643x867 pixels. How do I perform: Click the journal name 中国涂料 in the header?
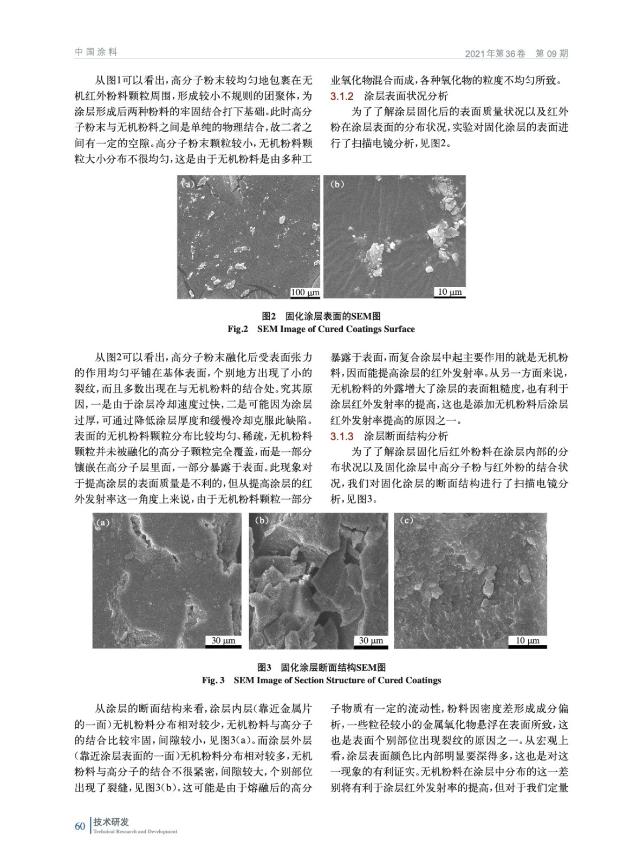(x=96, y=52)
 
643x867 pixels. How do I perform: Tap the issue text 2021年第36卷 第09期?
(x=516, y=53)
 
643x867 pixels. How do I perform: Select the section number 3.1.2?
(x=342, y=96)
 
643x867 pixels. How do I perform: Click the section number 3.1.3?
(x=342, y=436)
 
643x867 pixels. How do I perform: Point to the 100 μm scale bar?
(x=305, y=293)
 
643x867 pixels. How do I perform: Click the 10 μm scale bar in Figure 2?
(x=450, y=292)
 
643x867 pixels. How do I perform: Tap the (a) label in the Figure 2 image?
(x=188, y=184)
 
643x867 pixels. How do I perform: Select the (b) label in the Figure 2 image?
(x=337, y=184)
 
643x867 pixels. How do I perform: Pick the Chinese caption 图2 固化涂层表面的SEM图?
(x=321, y=316)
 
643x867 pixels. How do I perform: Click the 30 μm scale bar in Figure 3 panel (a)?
(x=223, y=641)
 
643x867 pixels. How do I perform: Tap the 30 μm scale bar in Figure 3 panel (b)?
(x=371, y=641)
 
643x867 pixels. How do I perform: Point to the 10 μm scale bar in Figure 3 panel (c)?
(x=527, y=641)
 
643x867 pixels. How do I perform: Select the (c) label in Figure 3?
(x=406, y=521)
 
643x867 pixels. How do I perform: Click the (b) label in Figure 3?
(x=262, y=521)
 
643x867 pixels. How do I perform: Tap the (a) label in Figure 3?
(x=102, y=523)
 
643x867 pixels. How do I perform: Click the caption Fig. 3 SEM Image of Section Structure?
(x=321, y=680)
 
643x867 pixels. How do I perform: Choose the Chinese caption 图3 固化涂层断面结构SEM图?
(x=321, y=667)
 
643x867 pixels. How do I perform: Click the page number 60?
(x=80, y=826)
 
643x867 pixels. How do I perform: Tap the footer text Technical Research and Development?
(x=135, y=832)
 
